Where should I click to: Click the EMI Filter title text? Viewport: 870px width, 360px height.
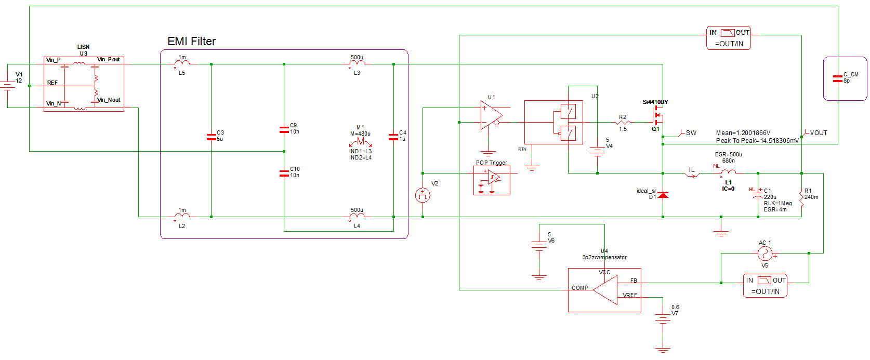(x=191, y=42)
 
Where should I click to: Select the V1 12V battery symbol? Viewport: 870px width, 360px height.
(x=7, y=86)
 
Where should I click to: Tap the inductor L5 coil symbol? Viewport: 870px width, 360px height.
(x=182, y=63)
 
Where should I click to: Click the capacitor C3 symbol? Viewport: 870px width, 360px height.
(x=211, y=137)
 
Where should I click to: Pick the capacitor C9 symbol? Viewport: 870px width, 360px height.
(x=284, y=129)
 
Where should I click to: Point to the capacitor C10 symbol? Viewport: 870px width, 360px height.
(x=284, y=173)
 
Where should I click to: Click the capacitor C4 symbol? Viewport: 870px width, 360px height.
(x=393, y=137)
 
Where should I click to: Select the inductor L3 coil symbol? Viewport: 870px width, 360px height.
(x=357, y=63)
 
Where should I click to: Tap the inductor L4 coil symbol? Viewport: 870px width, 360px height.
(x=357, y=216)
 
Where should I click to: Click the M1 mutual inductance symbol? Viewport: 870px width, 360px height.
(x=360, y=141)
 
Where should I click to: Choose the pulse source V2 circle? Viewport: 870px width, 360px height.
(x=423, y=195)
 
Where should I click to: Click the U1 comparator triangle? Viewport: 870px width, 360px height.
(x=491, y=115)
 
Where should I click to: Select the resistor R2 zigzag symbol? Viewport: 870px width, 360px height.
(x=623, y=123)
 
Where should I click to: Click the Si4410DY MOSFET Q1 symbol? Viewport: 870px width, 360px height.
(x=657, y=115)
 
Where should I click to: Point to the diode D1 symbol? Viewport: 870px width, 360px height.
(x=663, y=195)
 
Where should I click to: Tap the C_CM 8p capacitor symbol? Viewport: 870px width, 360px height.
(x=837, y=78)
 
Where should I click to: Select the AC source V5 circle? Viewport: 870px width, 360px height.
(x=764, y=254)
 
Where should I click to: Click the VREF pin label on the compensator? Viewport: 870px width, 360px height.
(x=629, y=296)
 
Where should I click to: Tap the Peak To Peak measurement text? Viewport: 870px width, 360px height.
(x=757, y=141)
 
